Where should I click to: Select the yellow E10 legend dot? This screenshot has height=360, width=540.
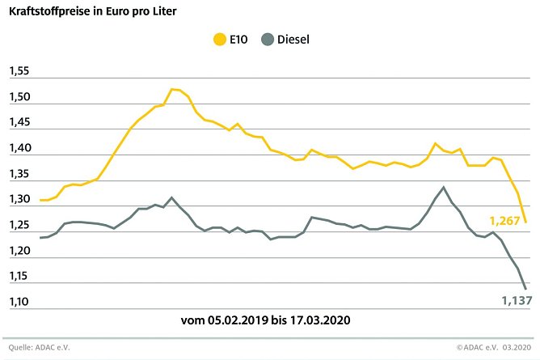click(x=217, y=38)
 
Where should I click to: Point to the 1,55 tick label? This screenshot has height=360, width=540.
click(x=19, y=72)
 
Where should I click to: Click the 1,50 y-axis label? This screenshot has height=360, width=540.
click(x=19, y=98)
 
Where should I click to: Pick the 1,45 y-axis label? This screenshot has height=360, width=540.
click(x=19, y=124)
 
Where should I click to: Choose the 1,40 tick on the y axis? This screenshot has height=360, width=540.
click(x=19, y=150)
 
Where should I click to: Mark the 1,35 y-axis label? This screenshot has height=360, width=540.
click(x=19, y=175)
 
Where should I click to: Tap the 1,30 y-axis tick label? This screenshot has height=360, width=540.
click(x=19, y=201)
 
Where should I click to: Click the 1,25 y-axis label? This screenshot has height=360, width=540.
click(x=19, y=227)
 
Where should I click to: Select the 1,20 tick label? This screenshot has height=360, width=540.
click(x=19, y=252)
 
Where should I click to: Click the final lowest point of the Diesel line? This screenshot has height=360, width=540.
click(x=525, y=289)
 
